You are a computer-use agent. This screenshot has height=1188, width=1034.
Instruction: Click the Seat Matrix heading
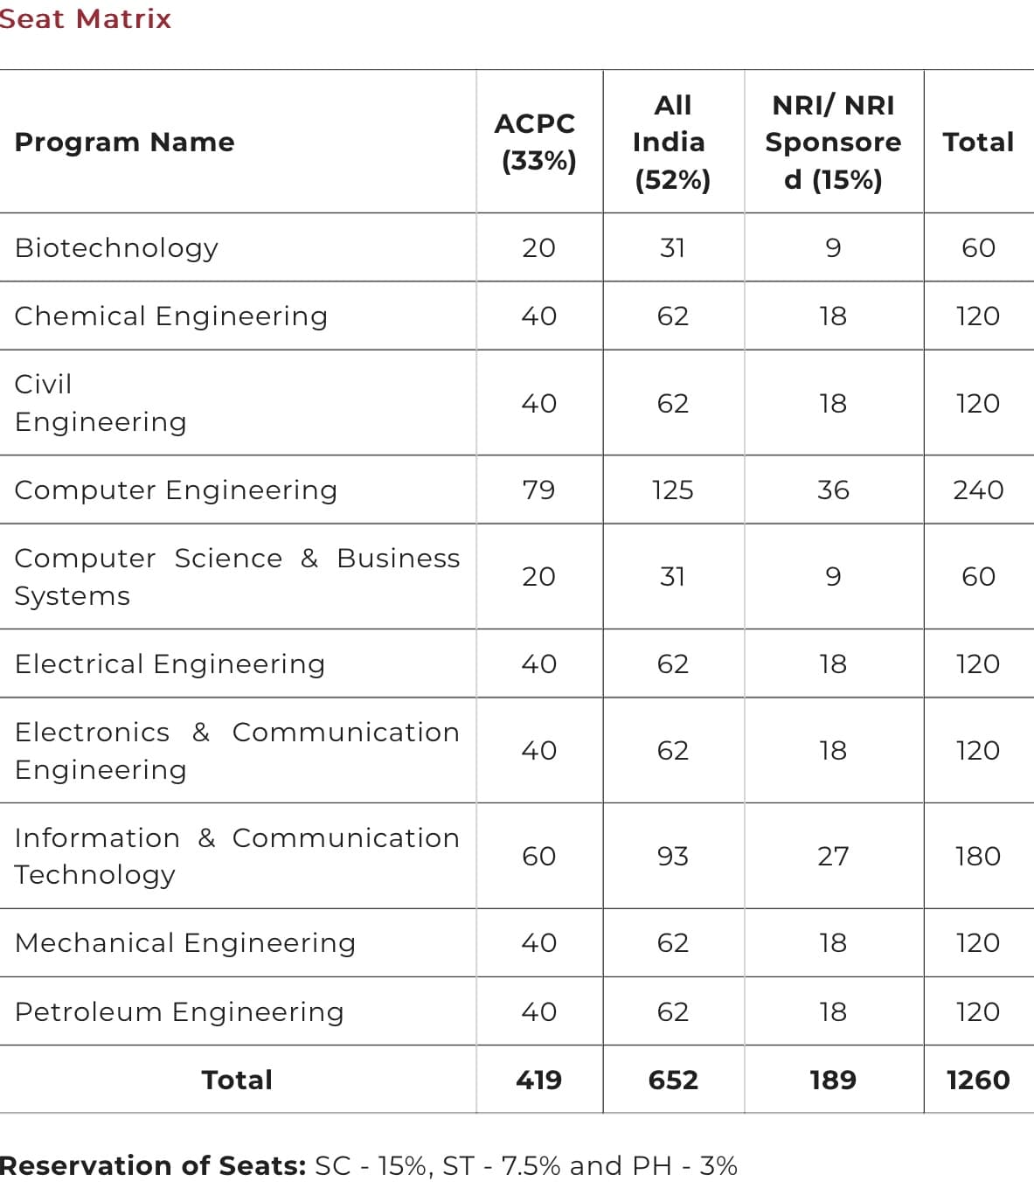pyautogui.click(x=85, y=18)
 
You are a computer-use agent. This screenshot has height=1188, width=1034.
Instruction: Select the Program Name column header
pyautogui.click(x=124, y=142)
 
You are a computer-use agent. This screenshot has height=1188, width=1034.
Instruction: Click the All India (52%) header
pyautogui.click(x=672, y=142)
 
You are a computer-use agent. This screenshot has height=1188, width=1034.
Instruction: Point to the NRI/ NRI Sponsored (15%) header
pyautogui.click(x=833, y=142)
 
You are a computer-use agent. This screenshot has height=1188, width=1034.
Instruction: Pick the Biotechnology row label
pyautogui.click(x=116, y=247)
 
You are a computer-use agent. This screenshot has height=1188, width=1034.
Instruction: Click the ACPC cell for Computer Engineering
pyautogui.click(x=538, y=490)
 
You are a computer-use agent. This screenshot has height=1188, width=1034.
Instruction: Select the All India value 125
pyautogui.click(x=672, y=490)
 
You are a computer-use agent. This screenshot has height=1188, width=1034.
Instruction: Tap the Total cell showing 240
pyautogui.click(x=978, y=490)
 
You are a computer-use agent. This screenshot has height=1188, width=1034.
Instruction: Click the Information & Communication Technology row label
pyautogui.click(x=236, y=856)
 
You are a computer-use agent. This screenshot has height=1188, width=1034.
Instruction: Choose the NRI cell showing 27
pyautogui.click(x=833, y=856)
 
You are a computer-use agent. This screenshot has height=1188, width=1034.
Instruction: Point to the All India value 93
pyautogui.click(x=672, y=856)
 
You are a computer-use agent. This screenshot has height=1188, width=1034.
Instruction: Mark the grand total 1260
pyautogui.click(x=978, y=1080)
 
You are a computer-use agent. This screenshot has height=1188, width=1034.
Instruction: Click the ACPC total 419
pyautogui.click(x=538, y=1080)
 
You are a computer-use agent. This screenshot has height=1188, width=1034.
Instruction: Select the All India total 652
pyautogui.click(x=672, y=1080)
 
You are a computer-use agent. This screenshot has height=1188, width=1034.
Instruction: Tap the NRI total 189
pyautogui.click(x=833, y=1080)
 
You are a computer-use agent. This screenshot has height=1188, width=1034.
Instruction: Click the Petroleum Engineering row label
pyautogui.click(x=179, y=1011)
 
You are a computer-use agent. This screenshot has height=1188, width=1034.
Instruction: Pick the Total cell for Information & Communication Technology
pyautogui.click(x=978, y=856)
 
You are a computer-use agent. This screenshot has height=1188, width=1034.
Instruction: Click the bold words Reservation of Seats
pyautogui.click(x=152, y=1165)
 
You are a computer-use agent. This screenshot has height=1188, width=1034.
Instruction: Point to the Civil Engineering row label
pyautogui.click(x=101, y=403)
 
